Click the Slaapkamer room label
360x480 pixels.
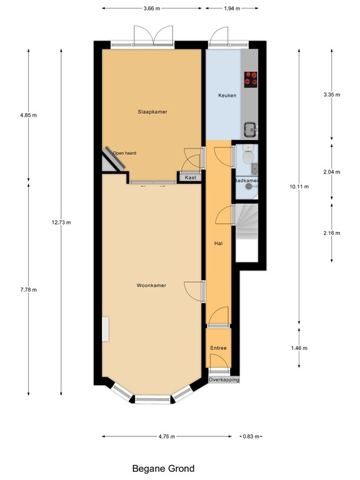(153, 111)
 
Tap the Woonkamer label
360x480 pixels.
(151, 285)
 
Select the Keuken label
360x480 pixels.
(226, 96)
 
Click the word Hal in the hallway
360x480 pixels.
(218, 243)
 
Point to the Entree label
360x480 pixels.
(218, 347)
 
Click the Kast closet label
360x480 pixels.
(190, 178)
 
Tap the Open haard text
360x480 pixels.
(124, 152)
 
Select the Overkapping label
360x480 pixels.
(224, 379)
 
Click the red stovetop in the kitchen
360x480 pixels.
(251, 78)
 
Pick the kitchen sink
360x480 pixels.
(251, 129)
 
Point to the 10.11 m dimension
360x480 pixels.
(299, 187)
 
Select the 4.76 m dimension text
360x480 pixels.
(166, 436)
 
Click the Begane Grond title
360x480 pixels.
(163, 468)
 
